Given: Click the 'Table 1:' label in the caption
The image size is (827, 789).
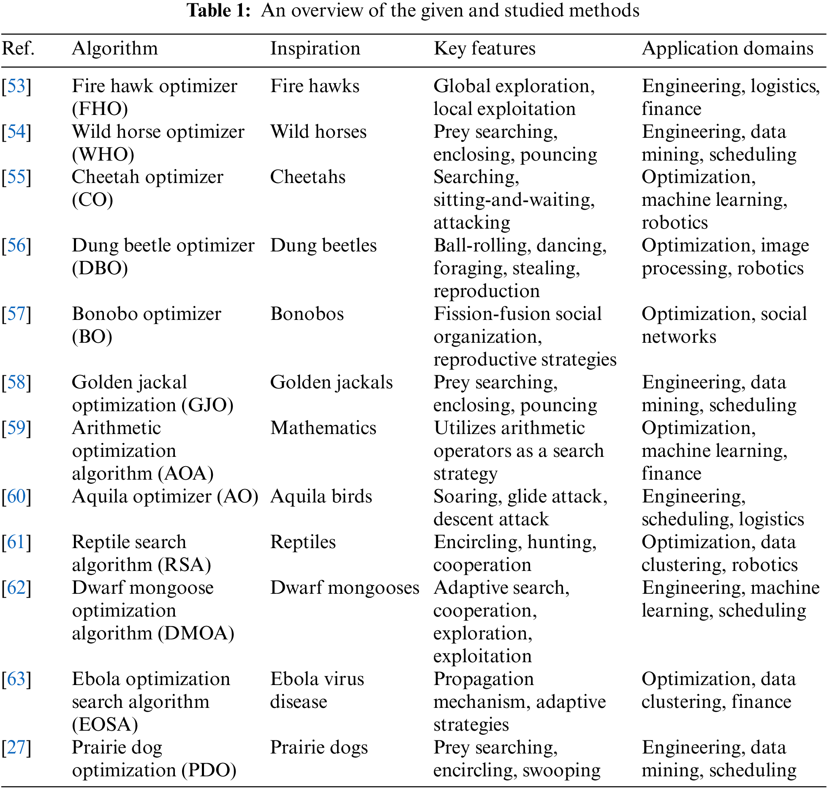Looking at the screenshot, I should click(219, 11).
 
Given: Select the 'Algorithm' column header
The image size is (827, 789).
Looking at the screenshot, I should click(115, 49).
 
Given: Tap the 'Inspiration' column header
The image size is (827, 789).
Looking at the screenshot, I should click(315, 49).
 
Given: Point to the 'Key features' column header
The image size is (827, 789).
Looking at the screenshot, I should click(484, 49).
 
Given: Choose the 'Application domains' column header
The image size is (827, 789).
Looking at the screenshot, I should click(727, 49).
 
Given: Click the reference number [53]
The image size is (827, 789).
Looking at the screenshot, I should click(16, 86).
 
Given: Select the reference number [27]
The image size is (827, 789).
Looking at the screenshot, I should click(16, 748).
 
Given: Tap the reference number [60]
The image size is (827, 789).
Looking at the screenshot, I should click(16, 497).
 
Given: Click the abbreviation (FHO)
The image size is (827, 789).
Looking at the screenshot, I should click(100, 109).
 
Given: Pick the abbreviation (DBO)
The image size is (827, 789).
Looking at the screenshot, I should click(100, 268).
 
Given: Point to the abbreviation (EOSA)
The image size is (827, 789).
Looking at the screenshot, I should click(105, 725).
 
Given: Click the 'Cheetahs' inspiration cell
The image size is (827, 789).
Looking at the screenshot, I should click(307, 177).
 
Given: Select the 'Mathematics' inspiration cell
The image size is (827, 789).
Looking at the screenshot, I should click(323, 428).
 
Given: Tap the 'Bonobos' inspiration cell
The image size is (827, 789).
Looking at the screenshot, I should click(307, 314).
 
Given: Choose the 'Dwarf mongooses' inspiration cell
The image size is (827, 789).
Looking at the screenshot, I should click(345, 588).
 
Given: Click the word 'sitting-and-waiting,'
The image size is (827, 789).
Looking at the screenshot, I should click(514, 200).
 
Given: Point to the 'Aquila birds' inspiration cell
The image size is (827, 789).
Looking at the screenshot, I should click(321, 497).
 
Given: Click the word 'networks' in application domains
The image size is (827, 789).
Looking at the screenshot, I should click(679, 337).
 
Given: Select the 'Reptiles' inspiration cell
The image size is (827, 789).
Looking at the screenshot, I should click(303, 542).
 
